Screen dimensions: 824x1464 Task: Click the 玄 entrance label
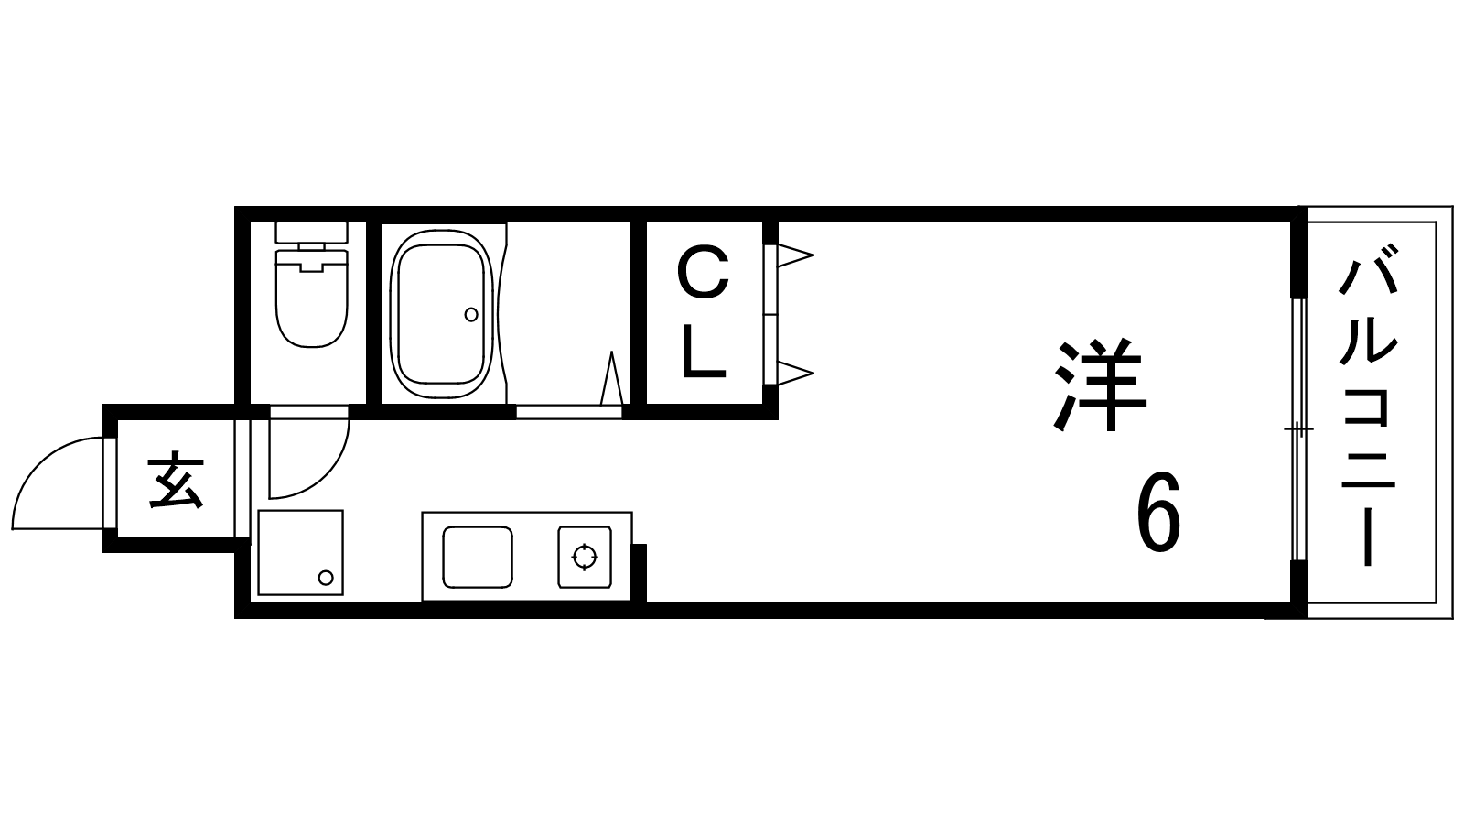coord(176,481)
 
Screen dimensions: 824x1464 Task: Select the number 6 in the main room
coord(1158,514)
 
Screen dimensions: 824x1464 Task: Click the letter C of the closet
coord(703,275)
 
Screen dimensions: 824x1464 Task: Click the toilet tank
coord(312,233)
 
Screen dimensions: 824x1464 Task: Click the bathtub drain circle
coord(471,314)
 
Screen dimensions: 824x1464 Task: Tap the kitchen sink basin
coord(477,557)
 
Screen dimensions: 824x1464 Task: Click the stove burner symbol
coord(584,557)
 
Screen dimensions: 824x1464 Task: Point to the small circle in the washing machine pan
coord(326,577)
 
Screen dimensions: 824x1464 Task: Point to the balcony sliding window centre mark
coord(1297,429)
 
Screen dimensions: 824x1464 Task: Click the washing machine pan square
coord(300,552)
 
